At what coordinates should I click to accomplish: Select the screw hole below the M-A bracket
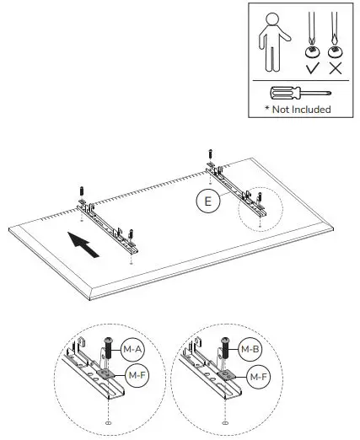point(108,421)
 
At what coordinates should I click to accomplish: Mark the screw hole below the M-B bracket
point(225,421)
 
